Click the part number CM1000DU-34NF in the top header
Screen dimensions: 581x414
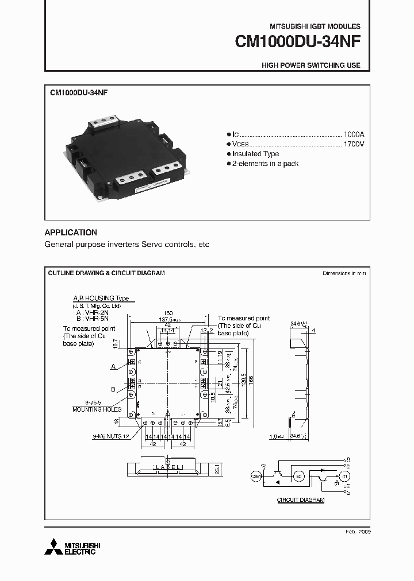(297, 42)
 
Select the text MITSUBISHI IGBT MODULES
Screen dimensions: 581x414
(315, 26)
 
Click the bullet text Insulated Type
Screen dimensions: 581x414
(256, 154)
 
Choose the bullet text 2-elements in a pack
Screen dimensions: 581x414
(265, 164)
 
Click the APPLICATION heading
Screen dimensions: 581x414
(71, 233)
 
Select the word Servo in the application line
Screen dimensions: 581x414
(142, 245)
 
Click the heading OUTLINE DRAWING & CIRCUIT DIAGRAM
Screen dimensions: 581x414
(106, 273)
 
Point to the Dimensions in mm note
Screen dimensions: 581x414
(344, 273)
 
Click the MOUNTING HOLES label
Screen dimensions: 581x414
(97, 409)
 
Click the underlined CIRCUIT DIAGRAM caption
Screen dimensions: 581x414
(301, 500)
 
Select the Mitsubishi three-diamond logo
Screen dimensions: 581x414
(53, 547)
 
